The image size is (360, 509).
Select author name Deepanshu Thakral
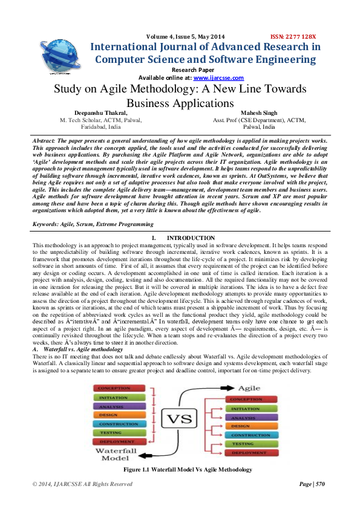(x=101, y=113)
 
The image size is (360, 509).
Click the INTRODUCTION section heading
(x=191, y=238)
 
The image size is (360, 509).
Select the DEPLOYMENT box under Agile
(x=250, y=453)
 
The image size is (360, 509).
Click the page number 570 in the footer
(x=320, y=484)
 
